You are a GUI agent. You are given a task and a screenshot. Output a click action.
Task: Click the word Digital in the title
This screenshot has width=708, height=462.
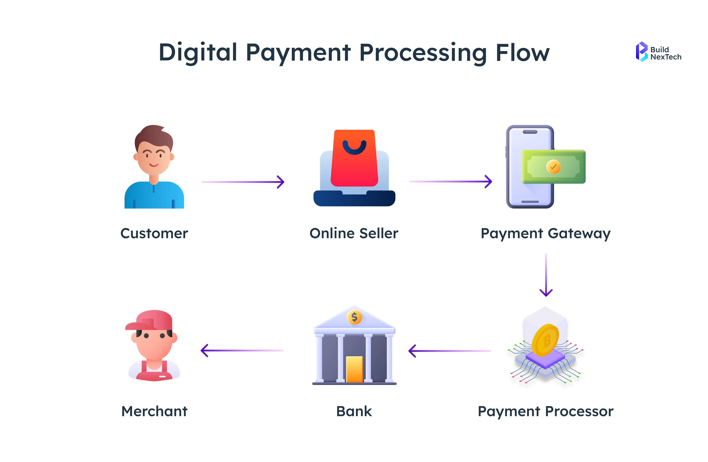[198, 53]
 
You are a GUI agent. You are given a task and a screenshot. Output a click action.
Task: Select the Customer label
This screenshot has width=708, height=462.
[154, 233]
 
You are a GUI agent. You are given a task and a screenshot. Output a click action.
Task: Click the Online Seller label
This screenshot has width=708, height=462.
[354, 233]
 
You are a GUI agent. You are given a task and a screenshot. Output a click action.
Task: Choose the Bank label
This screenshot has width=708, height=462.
[354, 411]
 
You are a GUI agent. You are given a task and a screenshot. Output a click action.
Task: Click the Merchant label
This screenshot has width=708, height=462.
[154, 411]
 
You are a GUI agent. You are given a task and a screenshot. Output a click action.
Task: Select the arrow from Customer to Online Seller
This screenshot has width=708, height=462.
[243, 182]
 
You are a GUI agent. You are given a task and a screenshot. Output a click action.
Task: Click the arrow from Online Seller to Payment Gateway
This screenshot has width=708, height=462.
[450, 181]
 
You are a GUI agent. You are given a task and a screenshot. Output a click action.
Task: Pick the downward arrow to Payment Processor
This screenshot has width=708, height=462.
[546, 275]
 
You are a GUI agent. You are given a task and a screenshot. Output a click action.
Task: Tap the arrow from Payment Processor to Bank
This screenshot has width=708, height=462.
[450, 351]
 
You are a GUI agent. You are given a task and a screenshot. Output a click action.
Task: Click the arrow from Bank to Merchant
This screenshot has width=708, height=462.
[242, 351]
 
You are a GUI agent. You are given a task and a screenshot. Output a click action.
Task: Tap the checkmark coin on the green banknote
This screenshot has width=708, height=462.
[553, 167]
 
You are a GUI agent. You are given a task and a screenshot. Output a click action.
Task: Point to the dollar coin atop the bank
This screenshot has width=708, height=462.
[354, 317]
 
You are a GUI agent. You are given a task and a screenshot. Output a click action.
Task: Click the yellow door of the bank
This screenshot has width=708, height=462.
[354, 369]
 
